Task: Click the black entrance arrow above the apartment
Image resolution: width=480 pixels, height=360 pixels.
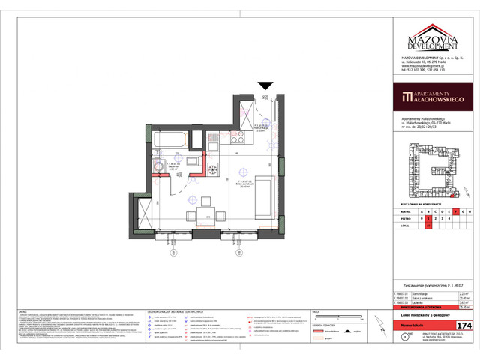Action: tap(265, 87)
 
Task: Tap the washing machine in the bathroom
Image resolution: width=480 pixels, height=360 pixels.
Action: tap(160, 166)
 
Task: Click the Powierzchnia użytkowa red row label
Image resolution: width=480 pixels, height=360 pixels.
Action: tap(417, 305)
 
